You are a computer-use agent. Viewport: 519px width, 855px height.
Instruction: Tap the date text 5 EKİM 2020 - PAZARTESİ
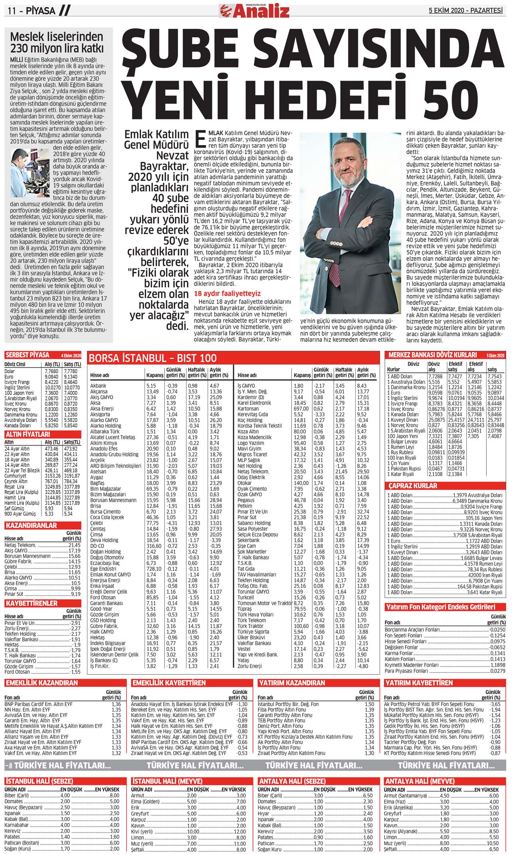[x=466, y=11]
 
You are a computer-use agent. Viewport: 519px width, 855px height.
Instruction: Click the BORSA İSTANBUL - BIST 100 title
[x=153, y=358]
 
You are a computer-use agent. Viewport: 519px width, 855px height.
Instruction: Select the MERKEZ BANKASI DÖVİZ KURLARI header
[x=432, y=355]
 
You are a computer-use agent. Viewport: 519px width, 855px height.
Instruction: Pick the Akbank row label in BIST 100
[x=98, y=386]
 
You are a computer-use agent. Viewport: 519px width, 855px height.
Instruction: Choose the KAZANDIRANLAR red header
[x=31, y=526]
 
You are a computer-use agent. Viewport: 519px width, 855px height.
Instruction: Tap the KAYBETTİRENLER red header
[x=32, y=603]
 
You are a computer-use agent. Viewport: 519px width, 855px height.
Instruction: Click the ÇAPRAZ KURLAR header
[x=413, y=486]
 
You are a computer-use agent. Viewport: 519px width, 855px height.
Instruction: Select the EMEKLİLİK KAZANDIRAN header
[x=42, y=683]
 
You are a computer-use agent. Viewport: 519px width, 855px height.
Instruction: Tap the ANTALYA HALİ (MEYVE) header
[x=419, y=781]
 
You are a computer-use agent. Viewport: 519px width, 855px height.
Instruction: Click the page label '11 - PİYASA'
[x=32, y=11]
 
